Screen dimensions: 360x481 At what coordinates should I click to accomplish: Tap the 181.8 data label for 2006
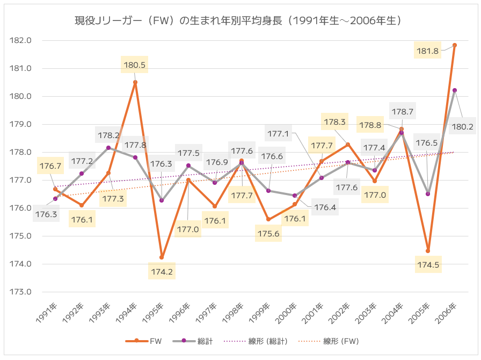(x=428, y=51)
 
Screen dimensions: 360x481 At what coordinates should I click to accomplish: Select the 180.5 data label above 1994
(x=135, y=66)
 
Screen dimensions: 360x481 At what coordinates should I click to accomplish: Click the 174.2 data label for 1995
(x=162, y=272)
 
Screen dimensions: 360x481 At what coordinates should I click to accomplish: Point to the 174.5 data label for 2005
(x=428, y=264)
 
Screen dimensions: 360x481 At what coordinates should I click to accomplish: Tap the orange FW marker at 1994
(x=135, y=82)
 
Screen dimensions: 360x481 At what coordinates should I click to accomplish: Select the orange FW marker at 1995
(x=162, y=257)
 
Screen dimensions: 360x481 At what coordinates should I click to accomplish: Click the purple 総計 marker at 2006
(x=455, y=90)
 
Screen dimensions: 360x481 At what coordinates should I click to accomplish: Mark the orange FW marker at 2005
(x=428, y=251)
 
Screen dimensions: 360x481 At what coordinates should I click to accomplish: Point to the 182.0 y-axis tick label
(x=21, y=40)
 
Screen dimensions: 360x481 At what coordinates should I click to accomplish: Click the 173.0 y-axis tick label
(x=21, y=292)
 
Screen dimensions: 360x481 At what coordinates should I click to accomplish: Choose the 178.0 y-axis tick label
(x=21, y=152)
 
